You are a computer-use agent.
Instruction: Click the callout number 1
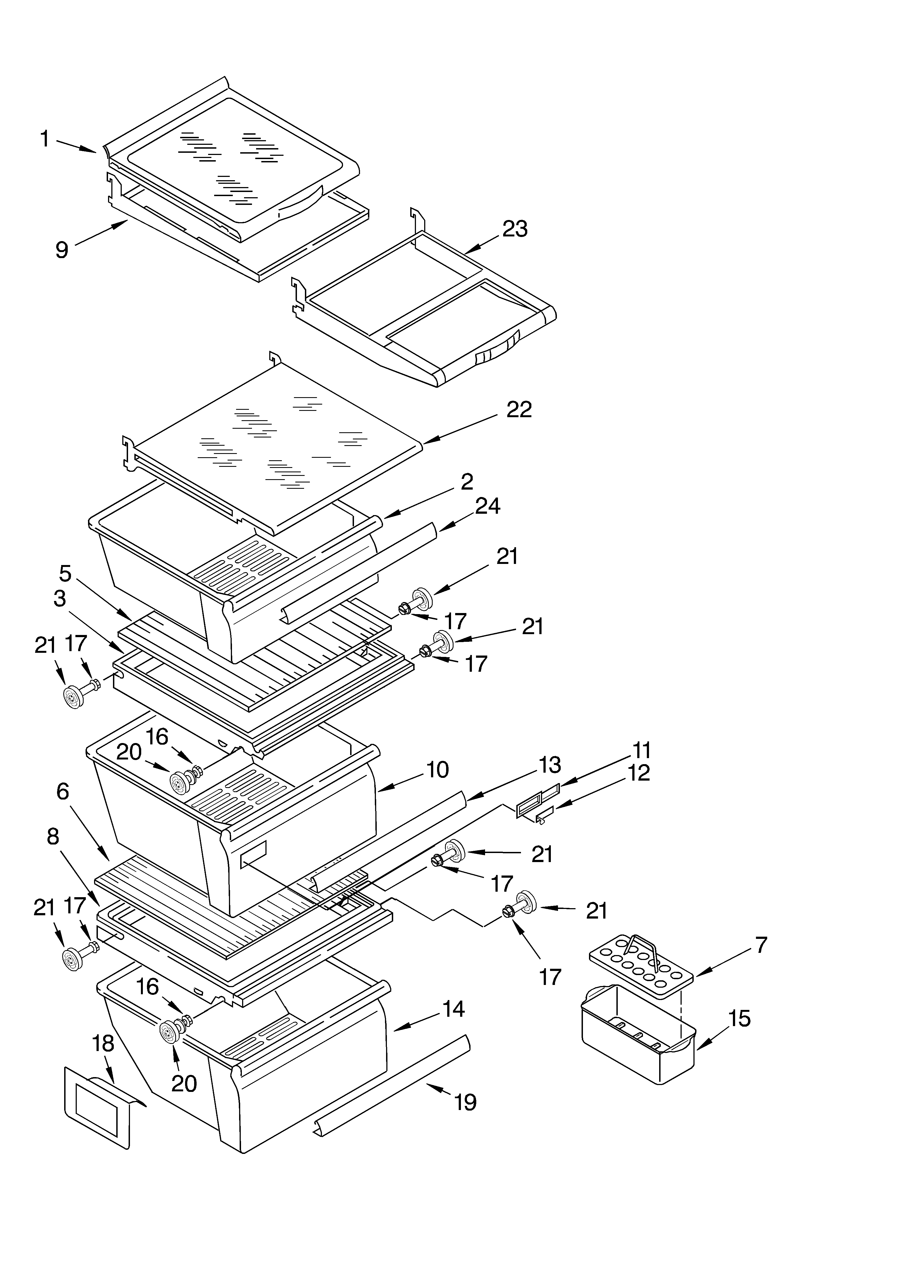(45, 139)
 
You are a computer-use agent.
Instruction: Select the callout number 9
(61, 250)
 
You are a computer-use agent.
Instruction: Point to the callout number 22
(519, 410)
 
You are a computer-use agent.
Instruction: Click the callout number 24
(488, 506)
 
